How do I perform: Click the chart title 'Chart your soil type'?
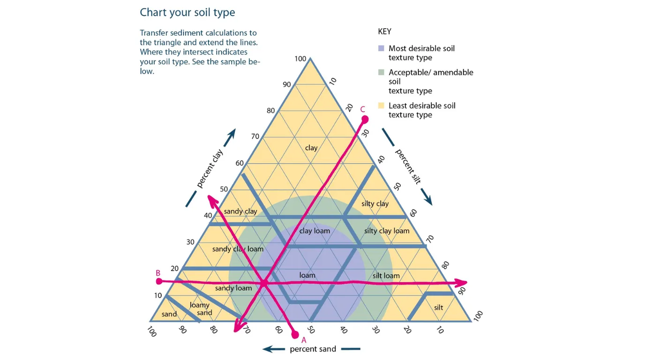[187, 12]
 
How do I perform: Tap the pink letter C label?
[362, 109]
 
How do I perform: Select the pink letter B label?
[158, 273]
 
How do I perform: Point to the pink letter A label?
[303, 340]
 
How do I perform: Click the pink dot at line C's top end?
[365, 119]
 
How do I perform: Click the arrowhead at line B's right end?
[462, 282]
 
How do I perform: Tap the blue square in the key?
[381, 48]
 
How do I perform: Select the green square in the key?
[381, 72]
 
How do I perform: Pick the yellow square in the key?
[381, 105]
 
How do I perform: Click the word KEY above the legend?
[384, 32]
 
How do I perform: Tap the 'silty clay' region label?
[375, 203]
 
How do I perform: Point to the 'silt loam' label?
[386, 276]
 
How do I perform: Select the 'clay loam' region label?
[315, 231]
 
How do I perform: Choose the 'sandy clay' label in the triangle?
[240, 211]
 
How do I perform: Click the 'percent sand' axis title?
[313, 349]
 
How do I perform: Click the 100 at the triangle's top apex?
[300, 59]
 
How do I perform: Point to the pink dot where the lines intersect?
[264, 283]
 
